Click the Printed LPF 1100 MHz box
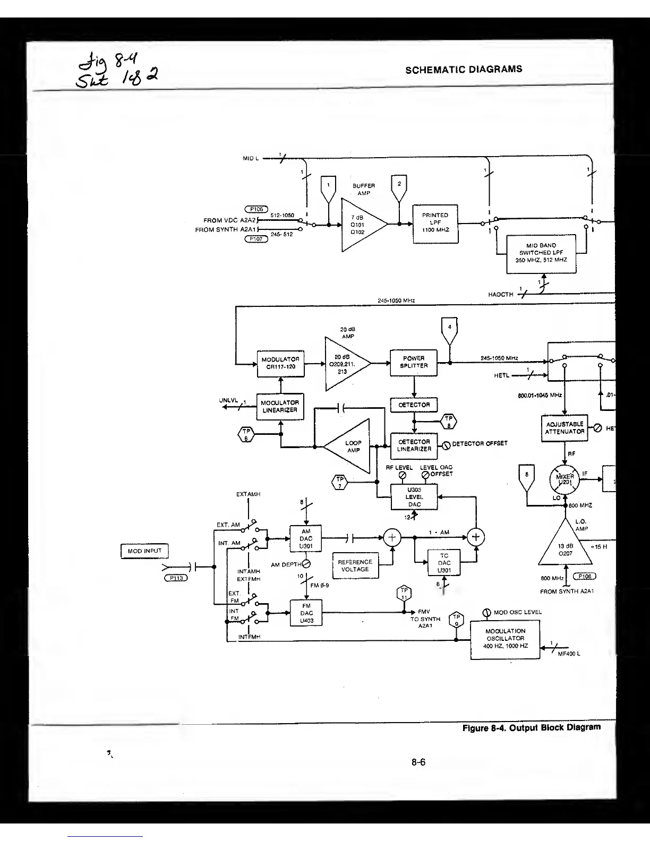[x=435, y=223]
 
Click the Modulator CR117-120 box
[x=280, y=364]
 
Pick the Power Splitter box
[x=414, y=363]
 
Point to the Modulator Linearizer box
[x=280, y=407]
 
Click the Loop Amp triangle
[x=351, y=447]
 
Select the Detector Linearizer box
[x=414, y=445]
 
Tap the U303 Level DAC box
[x=414, y=497]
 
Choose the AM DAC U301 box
[x=306, y=538]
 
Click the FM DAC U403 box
[x=306, y=613]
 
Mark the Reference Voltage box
[x=355, y=566]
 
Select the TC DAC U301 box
[x=444, y=563]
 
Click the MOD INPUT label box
[x=144, y=551]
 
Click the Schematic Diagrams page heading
[x=464, y=70]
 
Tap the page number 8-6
[x=418, y=762]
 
